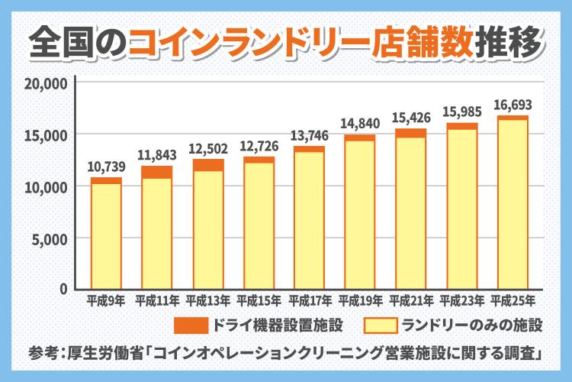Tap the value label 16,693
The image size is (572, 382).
pos(513,105)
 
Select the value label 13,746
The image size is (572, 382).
pos(309,136)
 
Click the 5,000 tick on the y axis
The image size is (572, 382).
pos(50,238)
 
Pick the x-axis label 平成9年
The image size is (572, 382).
pos(106,300)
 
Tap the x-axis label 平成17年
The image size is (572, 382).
pos(309,300)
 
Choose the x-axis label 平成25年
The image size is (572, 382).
pos(513,300)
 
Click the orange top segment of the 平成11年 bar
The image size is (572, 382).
pos(156,172)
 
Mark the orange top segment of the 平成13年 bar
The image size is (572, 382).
pos(207,164)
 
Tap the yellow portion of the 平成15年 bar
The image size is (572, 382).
pos(259,225)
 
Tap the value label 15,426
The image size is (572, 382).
pos(410,118)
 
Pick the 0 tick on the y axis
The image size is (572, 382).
pos(63,290)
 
